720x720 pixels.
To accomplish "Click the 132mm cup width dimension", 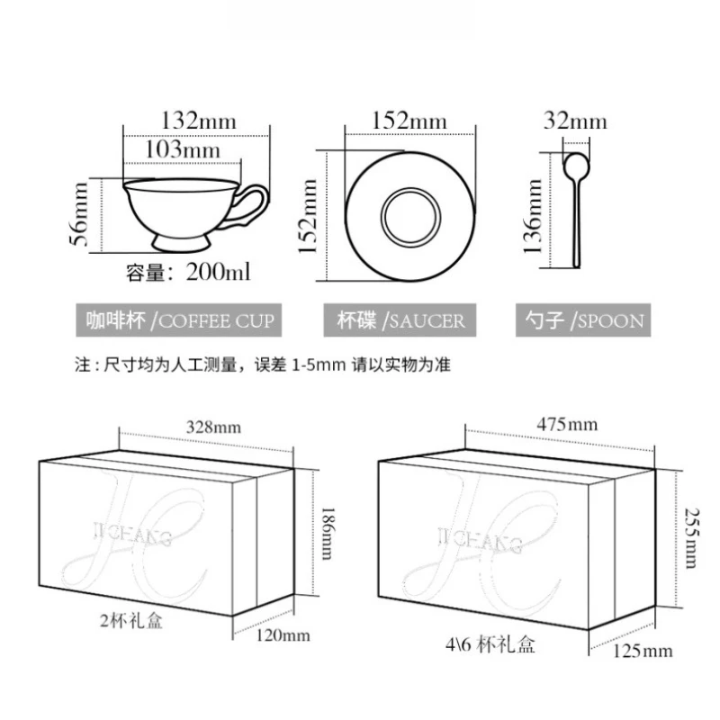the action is coord(199,121).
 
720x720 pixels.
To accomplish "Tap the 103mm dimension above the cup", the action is coord(183,149).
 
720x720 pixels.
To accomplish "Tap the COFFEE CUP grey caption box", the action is coord(178,320).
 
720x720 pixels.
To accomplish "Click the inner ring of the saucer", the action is coord(410,217).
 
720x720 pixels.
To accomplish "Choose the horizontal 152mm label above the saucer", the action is coord(409,121).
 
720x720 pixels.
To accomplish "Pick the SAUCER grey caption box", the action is coord(400,320).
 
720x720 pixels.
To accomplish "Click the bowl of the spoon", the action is coord(576,166).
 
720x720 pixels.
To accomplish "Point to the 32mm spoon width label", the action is coord(575,121).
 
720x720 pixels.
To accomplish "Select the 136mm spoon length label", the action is coord(533,216).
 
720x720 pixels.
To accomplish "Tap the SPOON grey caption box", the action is coord(583,320).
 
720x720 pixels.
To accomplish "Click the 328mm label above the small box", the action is coord(213,427).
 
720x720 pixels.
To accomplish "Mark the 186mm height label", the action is coord(327,533).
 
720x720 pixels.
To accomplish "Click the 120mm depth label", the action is coord(283,635).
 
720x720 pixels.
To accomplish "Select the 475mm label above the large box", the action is coord(568,424).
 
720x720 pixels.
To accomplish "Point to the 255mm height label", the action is coord(691,537).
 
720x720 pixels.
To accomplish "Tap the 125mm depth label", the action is coord(643,651).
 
